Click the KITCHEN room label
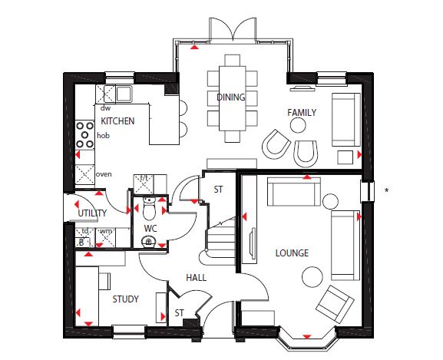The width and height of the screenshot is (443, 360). tap(117, 121)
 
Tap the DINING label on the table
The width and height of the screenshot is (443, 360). tap(231, 97)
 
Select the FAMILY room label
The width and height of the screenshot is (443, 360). tap(302, 113)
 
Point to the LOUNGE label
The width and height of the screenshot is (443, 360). tap(292, 253)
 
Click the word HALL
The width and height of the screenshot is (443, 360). tap(196, 278)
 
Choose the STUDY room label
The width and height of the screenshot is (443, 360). tap(125, 299)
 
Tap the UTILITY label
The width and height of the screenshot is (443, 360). tap(92, 213)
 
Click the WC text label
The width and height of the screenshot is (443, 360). tap(150, 228)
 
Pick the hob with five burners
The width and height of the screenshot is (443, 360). tap(84, 135)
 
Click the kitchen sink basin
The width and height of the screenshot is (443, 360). tap(124, 94)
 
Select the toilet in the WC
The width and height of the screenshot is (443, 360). tap(149, 208)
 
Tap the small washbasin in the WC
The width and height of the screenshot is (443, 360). tap(149, 242)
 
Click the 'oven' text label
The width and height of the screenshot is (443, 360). tap(104, 174)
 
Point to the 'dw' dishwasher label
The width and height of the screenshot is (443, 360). tap(105, 108)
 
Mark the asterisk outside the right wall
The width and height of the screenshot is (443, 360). tap(386, 191)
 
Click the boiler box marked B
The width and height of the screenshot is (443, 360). tap(82, 243)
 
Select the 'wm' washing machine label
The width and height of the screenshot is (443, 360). tap(106, 231)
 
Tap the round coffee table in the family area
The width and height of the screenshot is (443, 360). tap(298, 125)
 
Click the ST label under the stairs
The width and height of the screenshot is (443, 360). tap(218, 190)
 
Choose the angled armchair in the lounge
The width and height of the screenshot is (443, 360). tap(335, 304)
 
